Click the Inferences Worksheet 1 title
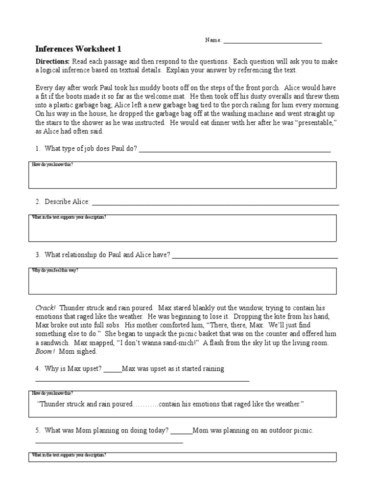(78, 49)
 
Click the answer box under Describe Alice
(182, 229)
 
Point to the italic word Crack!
(46, 308)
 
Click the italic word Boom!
(45, 351)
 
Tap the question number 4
(38, 368)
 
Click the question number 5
(38, 431)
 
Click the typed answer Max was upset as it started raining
(173, 368)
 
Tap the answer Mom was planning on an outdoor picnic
(253, 431)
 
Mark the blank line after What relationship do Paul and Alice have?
(255, 255)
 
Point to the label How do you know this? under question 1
(52, 165)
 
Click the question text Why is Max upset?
(73, 368)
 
